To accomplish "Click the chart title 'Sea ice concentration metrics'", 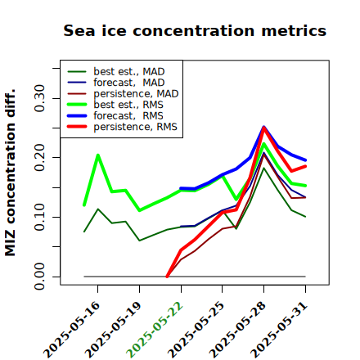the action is (x=195, y=30).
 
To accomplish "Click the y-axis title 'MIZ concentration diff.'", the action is (x=10, y=173).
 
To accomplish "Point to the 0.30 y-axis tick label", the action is (x=40, y=98).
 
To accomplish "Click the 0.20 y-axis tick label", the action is (x=40, y=158).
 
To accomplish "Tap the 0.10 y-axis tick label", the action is (x=40, y=217).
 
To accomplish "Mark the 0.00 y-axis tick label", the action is (x=40, y=277).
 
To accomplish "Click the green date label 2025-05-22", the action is (x=155, y=330).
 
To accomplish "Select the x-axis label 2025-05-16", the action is (x=72, y=330).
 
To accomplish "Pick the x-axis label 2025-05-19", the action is (x=114, y=330).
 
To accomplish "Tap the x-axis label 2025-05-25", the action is (x=196, y=330).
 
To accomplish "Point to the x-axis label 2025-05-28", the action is (x=238, y=330).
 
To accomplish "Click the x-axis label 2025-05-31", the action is (x=279, y=330).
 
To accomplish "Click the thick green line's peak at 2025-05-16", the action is (x=98, y=155).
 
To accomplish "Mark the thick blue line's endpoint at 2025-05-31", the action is (x=305, y=160).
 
